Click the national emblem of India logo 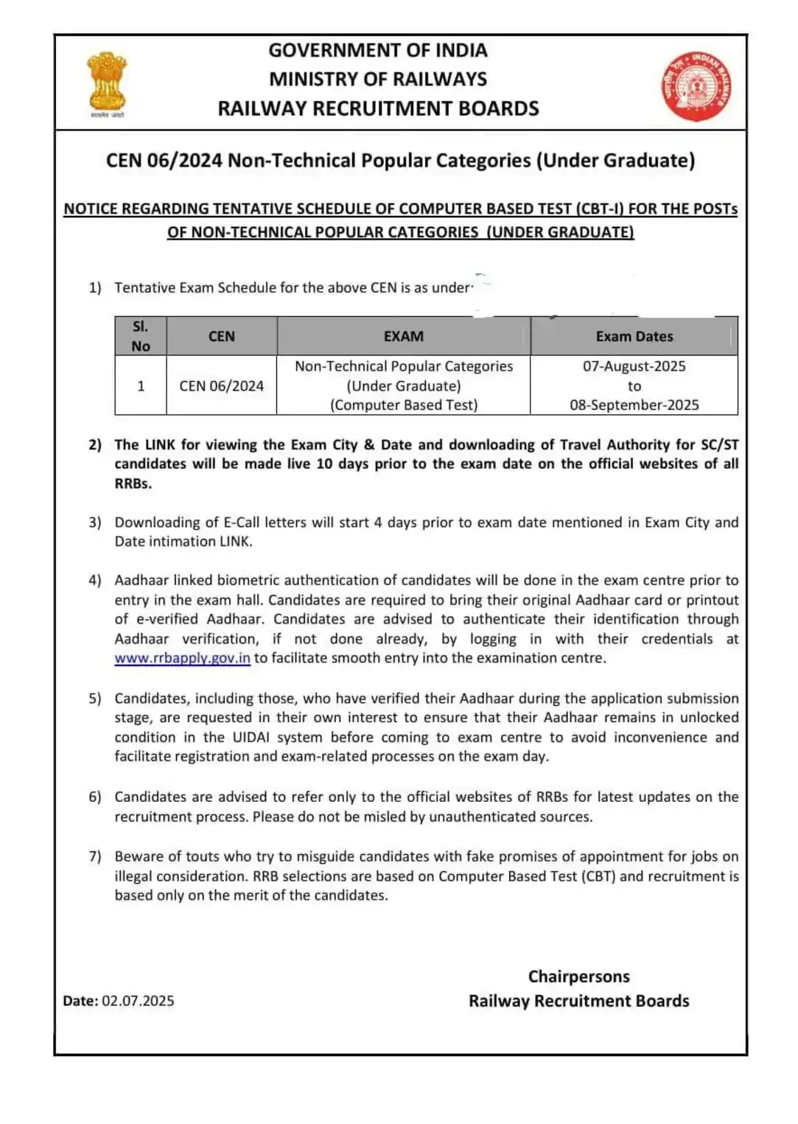point(108,83)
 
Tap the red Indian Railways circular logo point(696,87)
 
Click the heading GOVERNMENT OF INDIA point(377,50)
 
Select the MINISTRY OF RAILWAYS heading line point(377,79)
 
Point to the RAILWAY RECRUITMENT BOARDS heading point(377,108)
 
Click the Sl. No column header point(141,336)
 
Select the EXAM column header point(403,336)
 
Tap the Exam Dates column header point(634,336)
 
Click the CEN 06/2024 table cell point(221,385)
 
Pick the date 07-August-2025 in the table point(634,366)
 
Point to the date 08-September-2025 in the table point(634,405)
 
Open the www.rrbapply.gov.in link point(182,658)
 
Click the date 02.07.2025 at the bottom point(138,1000)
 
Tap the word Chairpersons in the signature point(578,977)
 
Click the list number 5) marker point(95,698)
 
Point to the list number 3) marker point(95,522)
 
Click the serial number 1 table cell point(141,385)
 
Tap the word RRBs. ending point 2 point(133,484)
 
